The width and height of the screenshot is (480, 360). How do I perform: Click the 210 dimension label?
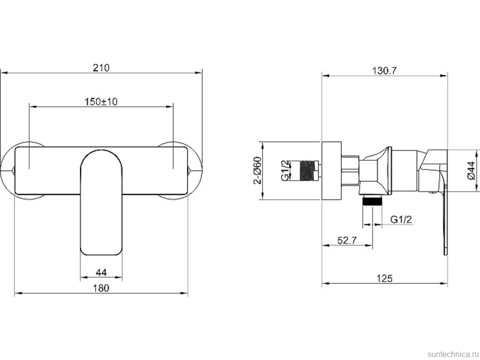coord(101,68)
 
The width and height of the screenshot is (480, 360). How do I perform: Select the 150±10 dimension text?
coord(101,101)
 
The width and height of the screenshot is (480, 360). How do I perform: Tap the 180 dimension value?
coord(101,288)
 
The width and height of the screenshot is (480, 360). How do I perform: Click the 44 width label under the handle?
coord(101,272)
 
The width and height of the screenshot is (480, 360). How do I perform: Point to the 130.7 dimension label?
coord(384,71)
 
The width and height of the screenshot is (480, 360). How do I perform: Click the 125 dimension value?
coord(384,278)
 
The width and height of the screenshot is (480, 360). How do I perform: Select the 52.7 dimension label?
coord(347,240)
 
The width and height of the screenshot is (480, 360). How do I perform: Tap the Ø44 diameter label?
coord(472,171)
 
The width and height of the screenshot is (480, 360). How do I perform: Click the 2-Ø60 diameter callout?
coord(258,171)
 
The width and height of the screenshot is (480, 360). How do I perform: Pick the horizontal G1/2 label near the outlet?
coord(401,219)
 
